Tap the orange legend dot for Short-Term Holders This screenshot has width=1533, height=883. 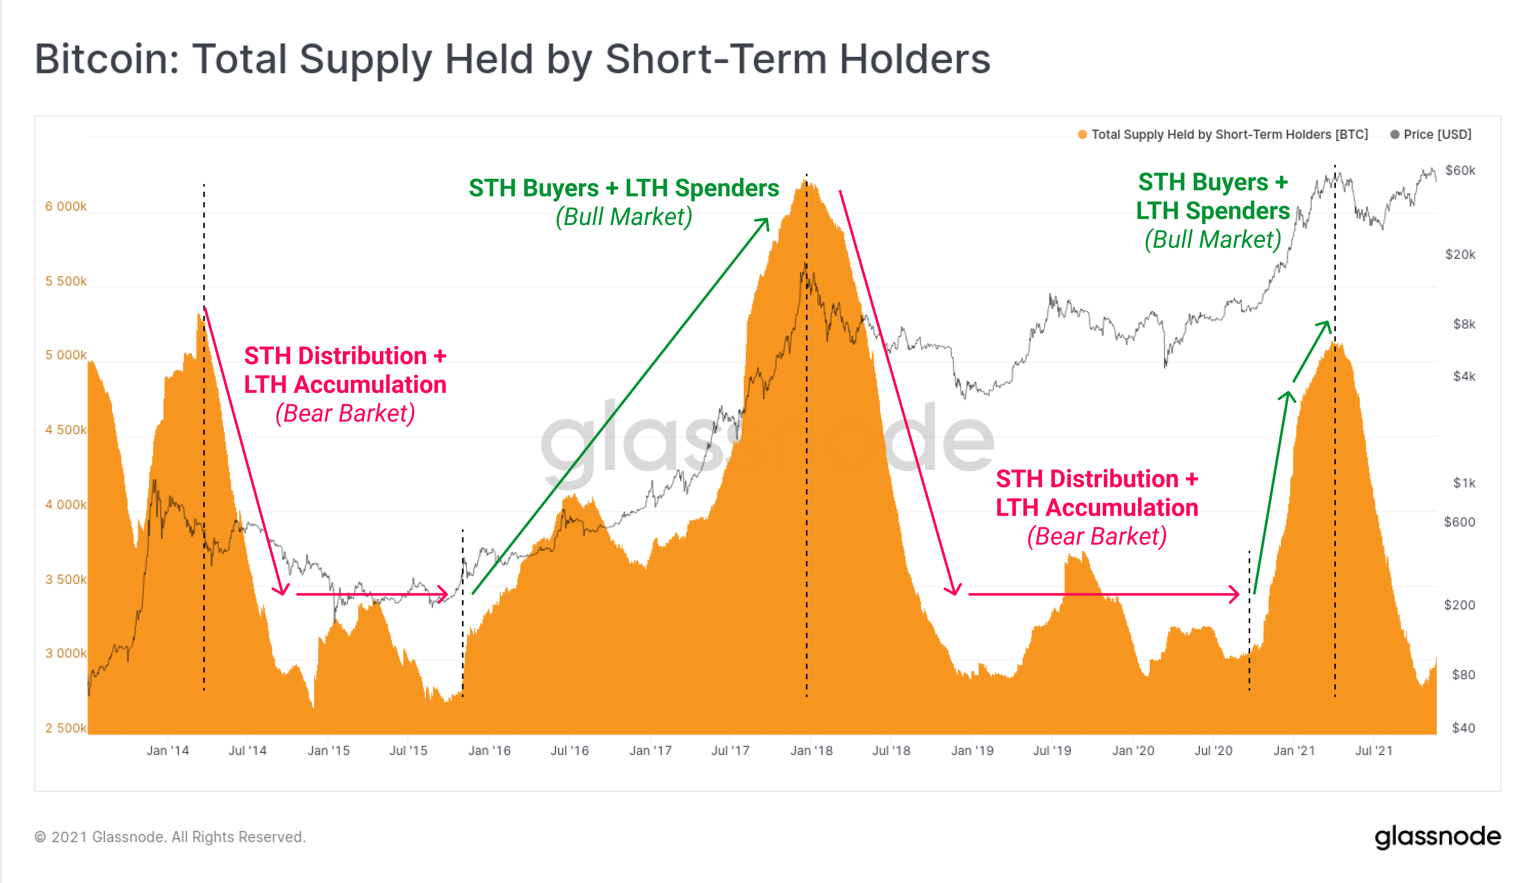click(x=1082, y=135)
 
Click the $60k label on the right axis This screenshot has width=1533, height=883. click(x=1460, y=170)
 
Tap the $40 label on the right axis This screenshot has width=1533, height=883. click(x=1463, y=728)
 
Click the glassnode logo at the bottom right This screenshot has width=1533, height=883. click(x=1437, y=837)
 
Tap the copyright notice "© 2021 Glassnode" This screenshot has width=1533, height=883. click(x=170, y=837)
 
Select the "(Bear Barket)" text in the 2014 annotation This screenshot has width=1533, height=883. click(x=345, y=414)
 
